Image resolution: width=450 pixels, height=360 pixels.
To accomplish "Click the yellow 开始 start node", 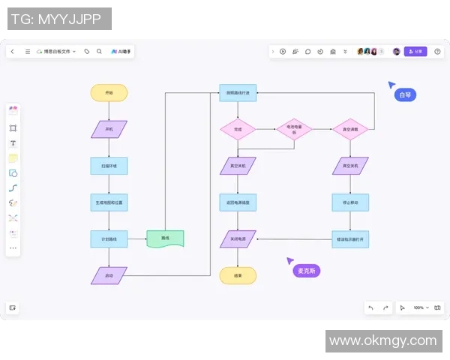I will coord(109,93).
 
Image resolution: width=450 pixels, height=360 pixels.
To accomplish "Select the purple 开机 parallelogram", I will coord(109,129).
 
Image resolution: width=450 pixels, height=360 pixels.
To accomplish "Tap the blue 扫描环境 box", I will coord(109,165).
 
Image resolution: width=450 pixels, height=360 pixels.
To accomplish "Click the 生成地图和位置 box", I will coord(109,202).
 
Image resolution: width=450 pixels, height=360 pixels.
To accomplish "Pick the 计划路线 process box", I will coord(109,239).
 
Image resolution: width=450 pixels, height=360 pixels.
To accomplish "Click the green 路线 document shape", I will coord(165,239).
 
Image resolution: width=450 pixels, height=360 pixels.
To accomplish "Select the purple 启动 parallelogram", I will coord(109,275).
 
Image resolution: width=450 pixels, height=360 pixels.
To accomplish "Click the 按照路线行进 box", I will coord(238,93).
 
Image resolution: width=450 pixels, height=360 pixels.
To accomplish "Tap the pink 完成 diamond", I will coord(238,129).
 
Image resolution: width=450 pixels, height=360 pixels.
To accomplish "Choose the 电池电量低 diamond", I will coord(294,129).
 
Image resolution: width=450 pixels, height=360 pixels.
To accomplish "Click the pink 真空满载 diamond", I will coord(350,129).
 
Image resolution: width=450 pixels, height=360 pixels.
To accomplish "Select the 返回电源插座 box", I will coord(238,202).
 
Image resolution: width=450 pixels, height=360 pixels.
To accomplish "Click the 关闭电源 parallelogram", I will coord(238,239).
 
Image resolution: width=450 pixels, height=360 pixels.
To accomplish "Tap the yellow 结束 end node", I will coord(238,275).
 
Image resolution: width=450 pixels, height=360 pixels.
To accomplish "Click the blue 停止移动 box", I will coord(350,202).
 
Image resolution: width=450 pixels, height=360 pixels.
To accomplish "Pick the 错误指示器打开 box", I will coord(350,239).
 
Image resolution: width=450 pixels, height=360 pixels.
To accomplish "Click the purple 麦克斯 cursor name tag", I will coord(306,271).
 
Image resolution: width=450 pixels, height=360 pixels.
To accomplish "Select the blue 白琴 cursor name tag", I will coord(405,95).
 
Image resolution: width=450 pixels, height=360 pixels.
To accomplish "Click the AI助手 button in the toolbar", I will coord(121,52).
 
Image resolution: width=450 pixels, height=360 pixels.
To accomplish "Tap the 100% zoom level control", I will coord(419,307).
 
